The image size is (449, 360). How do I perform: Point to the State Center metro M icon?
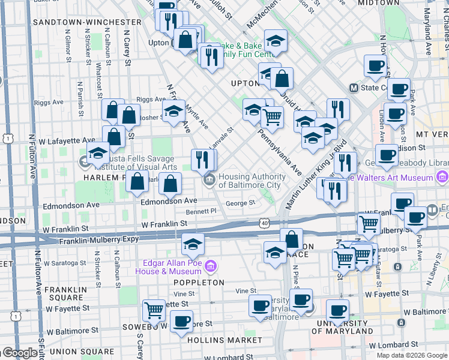click(354, 88)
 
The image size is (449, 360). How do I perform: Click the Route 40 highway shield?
click(264, 222)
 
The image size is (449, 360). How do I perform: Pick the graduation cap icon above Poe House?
click(192, 244)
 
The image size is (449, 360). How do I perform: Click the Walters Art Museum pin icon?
click(442, 177)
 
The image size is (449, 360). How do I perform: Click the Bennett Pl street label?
click(201, 211)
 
